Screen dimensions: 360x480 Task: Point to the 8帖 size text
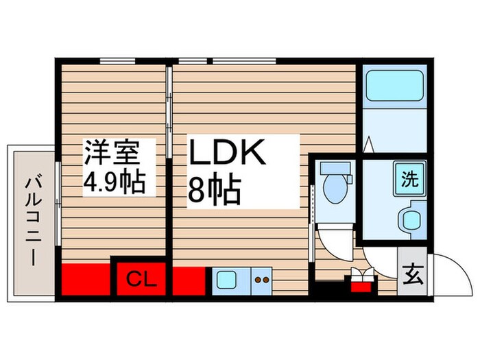click(214, 191)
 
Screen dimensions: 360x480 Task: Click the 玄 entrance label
click(413, 278)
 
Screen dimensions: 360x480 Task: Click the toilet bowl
click(337, 189)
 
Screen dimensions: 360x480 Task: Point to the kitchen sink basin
click(227, 280)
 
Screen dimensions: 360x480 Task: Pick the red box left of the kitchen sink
click(189, 280)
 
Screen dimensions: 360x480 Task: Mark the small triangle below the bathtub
click(368, 145)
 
